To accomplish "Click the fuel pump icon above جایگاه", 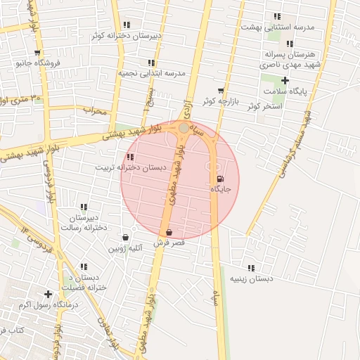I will tap(222, 179).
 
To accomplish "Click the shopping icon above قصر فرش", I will tap(169, 232).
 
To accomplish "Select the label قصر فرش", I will tap(169, 243).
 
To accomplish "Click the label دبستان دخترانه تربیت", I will tap(131, 168).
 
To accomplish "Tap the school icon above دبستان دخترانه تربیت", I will tap(130, 157).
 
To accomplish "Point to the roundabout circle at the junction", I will tap(184, 128).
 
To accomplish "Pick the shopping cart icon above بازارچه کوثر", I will tap(221, 91).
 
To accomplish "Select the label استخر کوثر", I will tap(264, 106).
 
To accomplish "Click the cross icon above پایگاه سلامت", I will tap(285, 80).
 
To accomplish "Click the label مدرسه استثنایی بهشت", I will tap(277, 27).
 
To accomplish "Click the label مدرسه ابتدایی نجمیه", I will tap(150, 72).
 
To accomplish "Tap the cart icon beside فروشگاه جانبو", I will tap(37, 53).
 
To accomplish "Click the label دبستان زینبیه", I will tap(251, 279).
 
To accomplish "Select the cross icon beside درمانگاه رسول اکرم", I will tap(48, 294).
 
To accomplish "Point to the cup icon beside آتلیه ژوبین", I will tap(126, 237).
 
